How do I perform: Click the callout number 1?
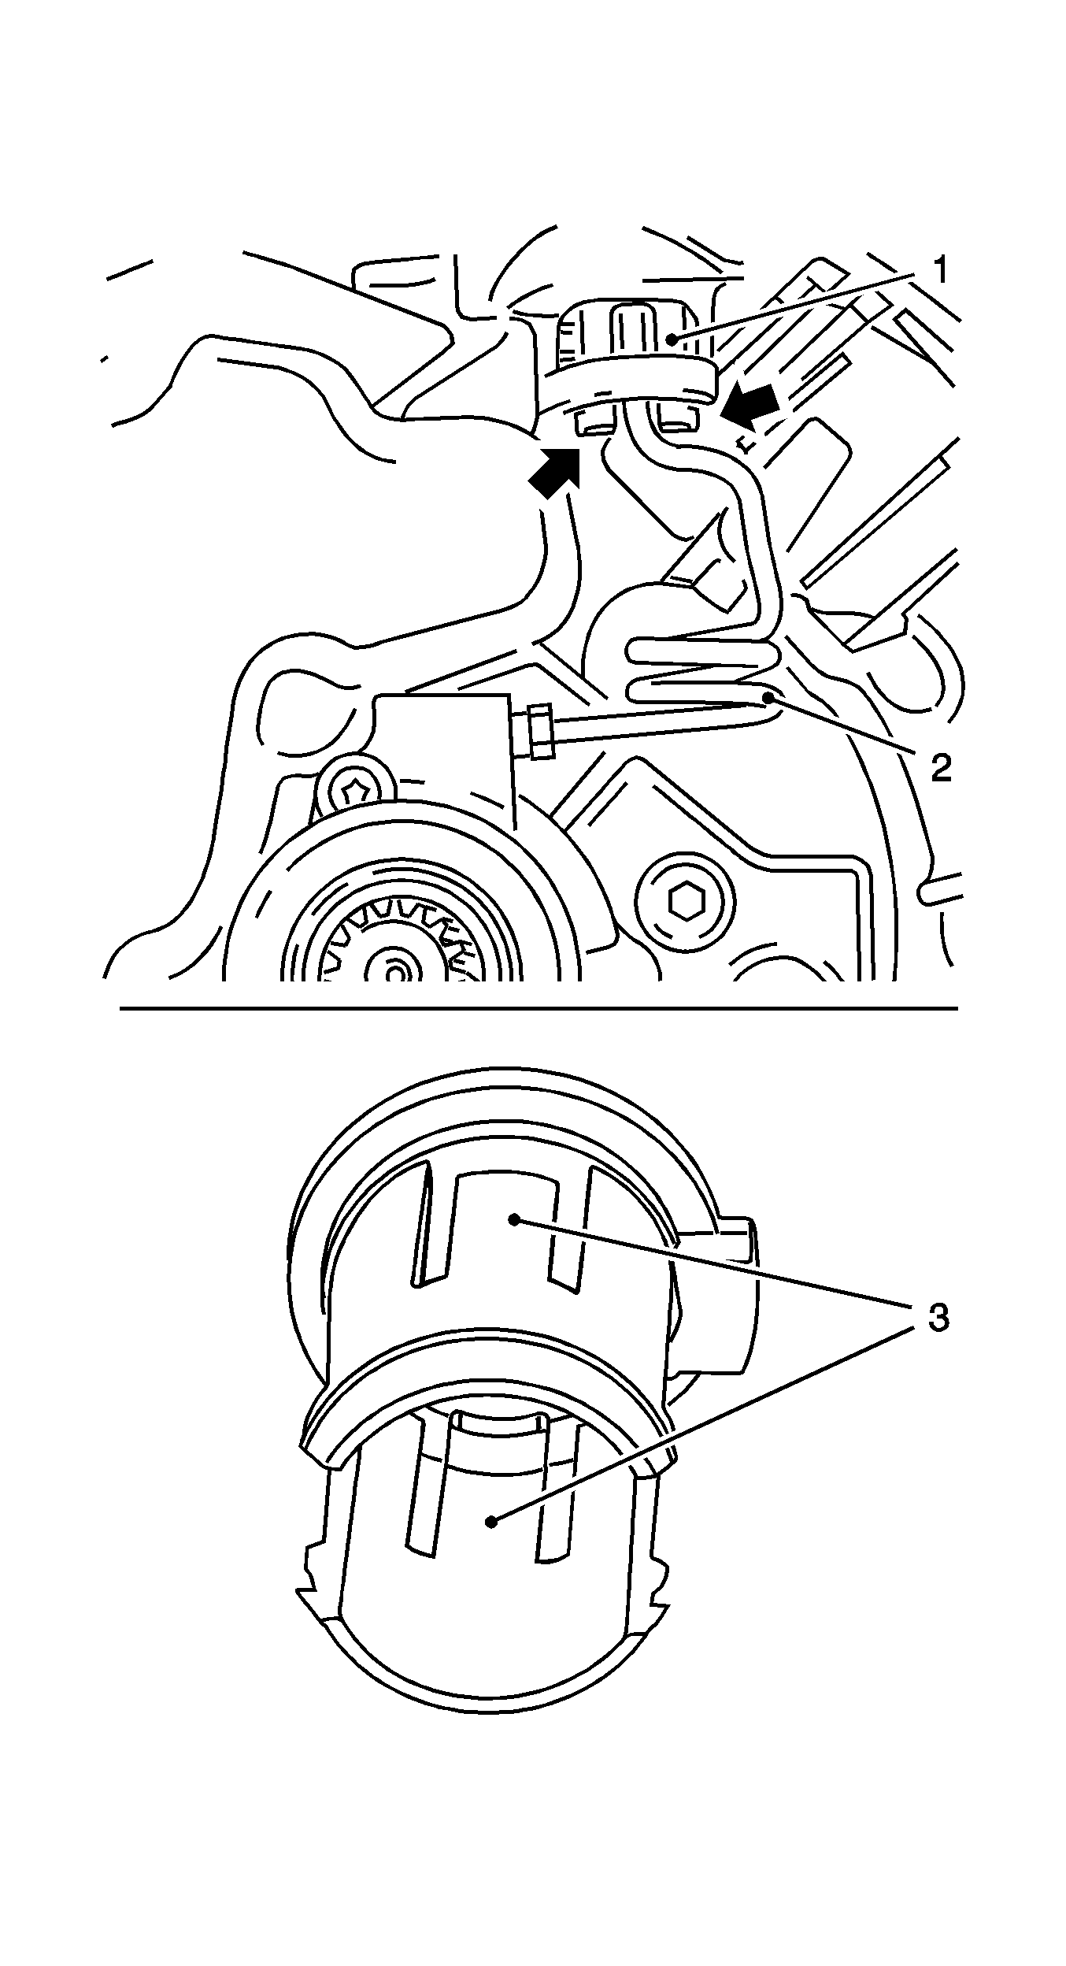pos(938,272)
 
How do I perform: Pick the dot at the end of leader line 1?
pos(672,339)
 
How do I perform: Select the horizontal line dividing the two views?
pos(539,1008)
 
